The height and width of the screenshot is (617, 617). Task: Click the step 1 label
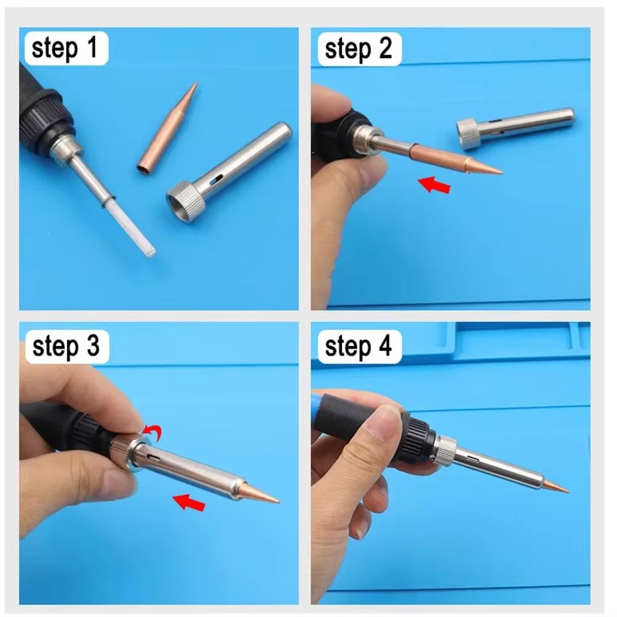tap(65, 49)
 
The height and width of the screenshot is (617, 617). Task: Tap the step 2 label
tap(358, 49)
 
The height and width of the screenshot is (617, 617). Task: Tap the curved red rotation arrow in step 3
tap(152, 433)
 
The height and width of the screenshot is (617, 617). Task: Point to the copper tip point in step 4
tap(565, 491)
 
